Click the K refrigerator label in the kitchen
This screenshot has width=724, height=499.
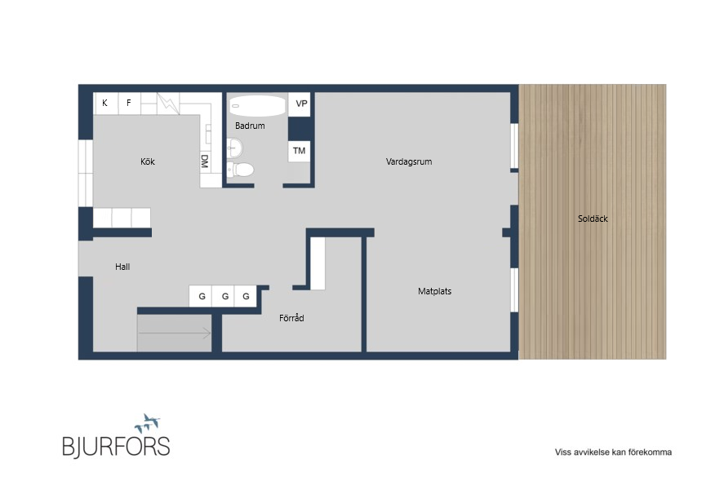pyautogui.click(x=104, y=103)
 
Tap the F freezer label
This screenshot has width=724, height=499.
pyautogui.click(x=129, y=103)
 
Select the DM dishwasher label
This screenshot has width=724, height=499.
pyautogui.click(x=205, y=161)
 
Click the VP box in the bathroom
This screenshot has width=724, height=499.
pyautogui.click(x=300, y=104)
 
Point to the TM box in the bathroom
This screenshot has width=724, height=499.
pyautogui.click(x=300, y=151)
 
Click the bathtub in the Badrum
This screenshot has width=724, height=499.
pyautogui.click(x=257, y=106)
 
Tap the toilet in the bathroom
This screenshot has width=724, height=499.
pyautogui.click(x=240, y=170)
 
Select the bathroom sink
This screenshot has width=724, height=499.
pyautogui.click(x=234, y=148)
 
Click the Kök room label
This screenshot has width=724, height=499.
pyautogui.click(x=148, y=161)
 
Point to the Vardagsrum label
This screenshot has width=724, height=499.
pyautogui.click(x=409, y=162)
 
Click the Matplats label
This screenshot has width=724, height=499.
pyautogui.click(x=434, y=291)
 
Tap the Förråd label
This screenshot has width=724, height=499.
pyautogui.click(x=291, y=318)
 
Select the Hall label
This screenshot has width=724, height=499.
pyautogui.click(x=122, y=267)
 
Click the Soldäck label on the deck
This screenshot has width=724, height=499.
pyautogui.click(x=593, y=219)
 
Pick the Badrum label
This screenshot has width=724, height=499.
pyautogui.click(x=250, y=126)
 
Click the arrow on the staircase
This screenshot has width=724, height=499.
pyautogui.click(x=175, y=333)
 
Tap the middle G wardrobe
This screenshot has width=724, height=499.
pyautogui.click(x=224, y=296)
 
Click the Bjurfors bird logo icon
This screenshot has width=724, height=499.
pyautogui.click(x=148, y=423)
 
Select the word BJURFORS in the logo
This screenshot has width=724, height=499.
pyautogui.click(x=116, y=447)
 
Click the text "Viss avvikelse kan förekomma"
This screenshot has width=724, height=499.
pyautogui.click(x=613, y=453)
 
